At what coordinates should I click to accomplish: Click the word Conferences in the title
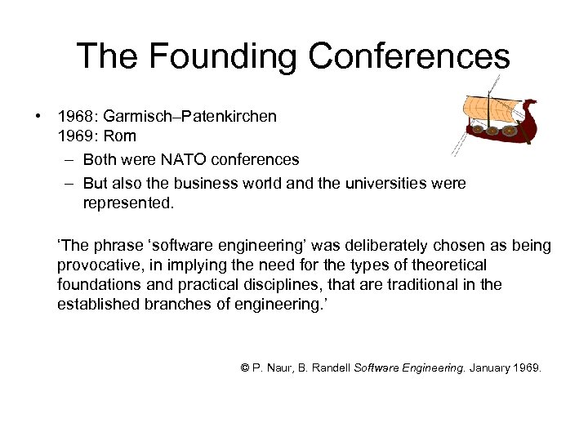(409, 56)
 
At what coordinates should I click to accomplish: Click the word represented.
(128, 203)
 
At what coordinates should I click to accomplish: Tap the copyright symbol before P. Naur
(245, 368)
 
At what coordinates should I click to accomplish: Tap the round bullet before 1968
(38, 117)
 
